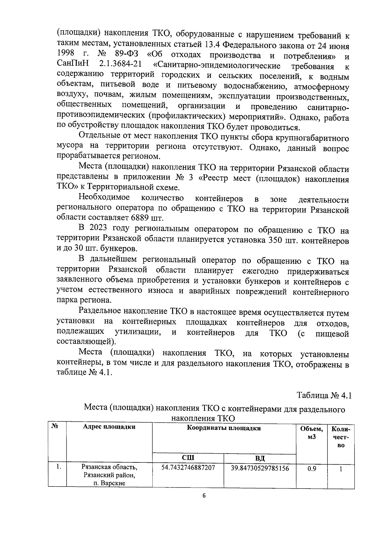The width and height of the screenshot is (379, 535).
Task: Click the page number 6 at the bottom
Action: (x=204, y=495)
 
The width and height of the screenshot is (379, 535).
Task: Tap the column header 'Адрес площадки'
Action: (x=109, y=427)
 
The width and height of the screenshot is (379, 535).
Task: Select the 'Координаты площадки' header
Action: (x=224, y=428)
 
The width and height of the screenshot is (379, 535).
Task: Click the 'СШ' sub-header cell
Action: (x=188, y=458)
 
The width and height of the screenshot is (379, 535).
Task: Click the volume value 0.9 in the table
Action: (x=312, y=469)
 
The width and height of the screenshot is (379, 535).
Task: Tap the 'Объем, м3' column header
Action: (x=312, y=433)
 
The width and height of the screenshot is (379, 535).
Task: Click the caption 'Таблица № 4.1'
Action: (x=324, y=395)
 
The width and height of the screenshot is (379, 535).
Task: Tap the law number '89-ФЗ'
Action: (x=129, y=55)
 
